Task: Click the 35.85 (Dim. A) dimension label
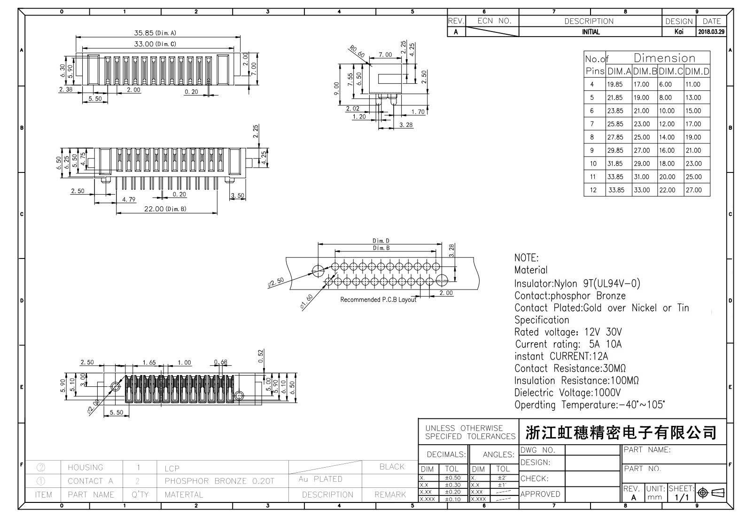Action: pos(155,33)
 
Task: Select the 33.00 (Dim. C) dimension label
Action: pos(155,44)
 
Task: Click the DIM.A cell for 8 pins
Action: pos(614,137)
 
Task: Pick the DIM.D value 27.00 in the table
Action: pos(693,190)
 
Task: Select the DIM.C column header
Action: pos(670,71)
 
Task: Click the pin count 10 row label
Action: pos(593,164)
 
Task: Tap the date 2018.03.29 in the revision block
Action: pos(711,32)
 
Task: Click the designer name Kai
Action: pos(678,32)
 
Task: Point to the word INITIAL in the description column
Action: pos(591,32)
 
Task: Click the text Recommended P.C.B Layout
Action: pos(378,299)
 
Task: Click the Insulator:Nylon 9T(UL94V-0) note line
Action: pos(577,283)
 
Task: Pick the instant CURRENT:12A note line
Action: pos(561,356)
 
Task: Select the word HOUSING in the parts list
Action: pos(85,467)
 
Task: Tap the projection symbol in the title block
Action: pos(711,493)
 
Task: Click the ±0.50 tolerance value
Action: pos(453,478)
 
